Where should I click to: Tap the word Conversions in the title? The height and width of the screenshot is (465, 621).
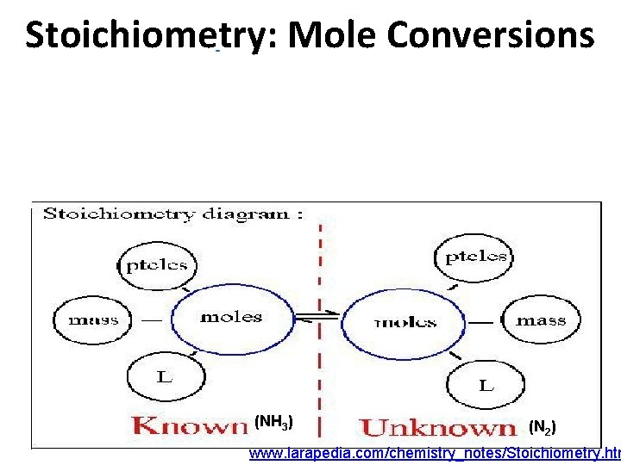pyautogui.click(x=490, y=36)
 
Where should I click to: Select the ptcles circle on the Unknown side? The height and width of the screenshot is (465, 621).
pyautogui.click(x=475, y=256)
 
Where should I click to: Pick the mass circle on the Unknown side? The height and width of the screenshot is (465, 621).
pyautogui.click(x=541, y=320)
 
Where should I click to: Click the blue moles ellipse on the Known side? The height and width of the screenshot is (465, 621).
pyautogui.click(x=230, y=317)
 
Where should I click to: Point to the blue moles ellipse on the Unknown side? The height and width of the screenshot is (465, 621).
pyautogui.click(x=405, y=322)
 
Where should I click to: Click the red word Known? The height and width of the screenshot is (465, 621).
pyautogui.click(x=190, y=425)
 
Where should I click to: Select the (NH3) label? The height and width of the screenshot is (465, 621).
pyautogui.click(x=274, y=422)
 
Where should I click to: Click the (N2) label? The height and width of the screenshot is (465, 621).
pyautogui.click(x=543, y=426)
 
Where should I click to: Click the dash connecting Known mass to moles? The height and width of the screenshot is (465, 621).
pyautogui.click(x=152, y=319)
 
